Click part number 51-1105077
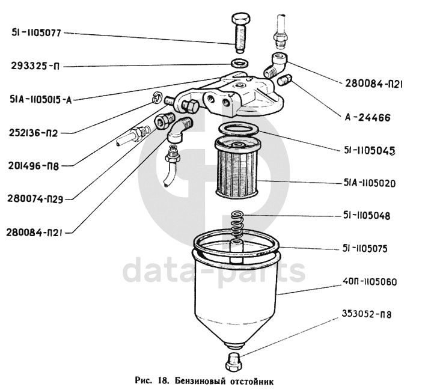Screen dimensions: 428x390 (x=37, y=33)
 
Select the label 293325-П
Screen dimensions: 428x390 (x=35, y=66)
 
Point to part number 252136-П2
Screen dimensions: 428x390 (x=35, y=132)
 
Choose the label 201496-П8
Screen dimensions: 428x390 (x=35, y=164)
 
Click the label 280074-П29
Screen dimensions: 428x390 (x=38, y=197)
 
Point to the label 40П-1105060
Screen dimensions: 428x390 (x=369, y=281)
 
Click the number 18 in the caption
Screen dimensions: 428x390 (x=160, y=380)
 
